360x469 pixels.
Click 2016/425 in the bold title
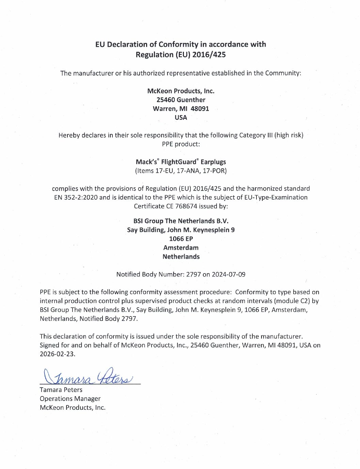209,54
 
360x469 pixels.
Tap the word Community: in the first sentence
283,73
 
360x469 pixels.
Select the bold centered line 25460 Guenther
181,100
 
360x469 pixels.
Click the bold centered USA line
181,118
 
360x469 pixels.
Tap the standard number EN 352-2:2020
76,198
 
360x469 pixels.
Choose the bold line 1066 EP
181,239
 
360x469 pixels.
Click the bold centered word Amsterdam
181,248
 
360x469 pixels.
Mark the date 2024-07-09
229,275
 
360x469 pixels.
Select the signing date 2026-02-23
57,354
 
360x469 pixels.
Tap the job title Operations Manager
70,398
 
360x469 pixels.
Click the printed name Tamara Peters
61,390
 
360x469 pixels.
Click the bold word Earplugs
213,162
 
